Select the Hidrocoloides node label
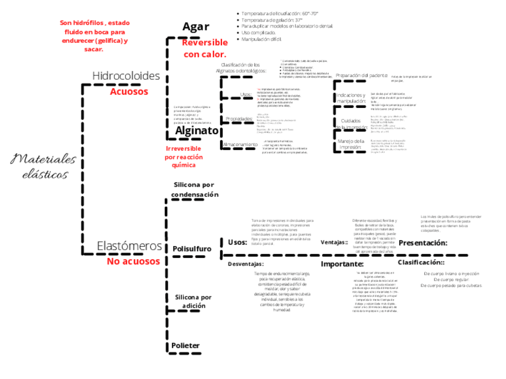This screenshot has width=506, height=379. coord(126,76)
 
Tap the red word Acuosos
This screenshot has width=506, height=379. coord(128,92)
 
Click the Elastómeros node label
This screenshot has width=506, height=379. coord(129,246)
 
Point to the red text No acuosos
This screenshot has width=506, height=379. coord(133,261)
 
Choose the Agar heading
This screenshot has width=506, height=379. coord(195,26)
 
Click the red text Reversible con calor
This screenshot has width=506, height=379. coord(205,48)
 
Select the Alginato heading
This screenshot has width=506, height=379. coord(197,131)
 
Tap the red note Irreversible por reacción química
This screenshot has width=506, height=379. coord(183,156)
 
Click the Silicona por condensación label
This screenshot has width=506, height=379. coord(195,189)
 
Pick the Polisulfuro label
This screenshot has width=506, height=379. coord(191,248)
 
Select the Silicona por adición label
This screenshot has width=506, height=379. coord(193,302)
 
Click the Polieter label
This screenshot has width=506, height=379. coord(185,346)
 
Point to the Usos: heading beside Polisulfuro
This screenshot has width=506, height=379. coord(237,242)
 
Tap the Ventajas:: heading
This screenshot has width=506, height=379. coord(334,243)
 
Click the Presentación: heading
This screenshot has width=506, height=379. coord(422,243)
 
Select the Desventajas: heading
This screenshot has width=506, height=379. coord(246,263)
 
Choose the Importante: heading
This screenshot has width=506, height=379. coord(342,264)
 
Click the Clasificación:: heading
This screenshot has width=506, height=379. coord(421,262)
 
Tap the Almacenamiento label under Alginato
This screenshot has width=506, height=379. coord(240,145)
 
